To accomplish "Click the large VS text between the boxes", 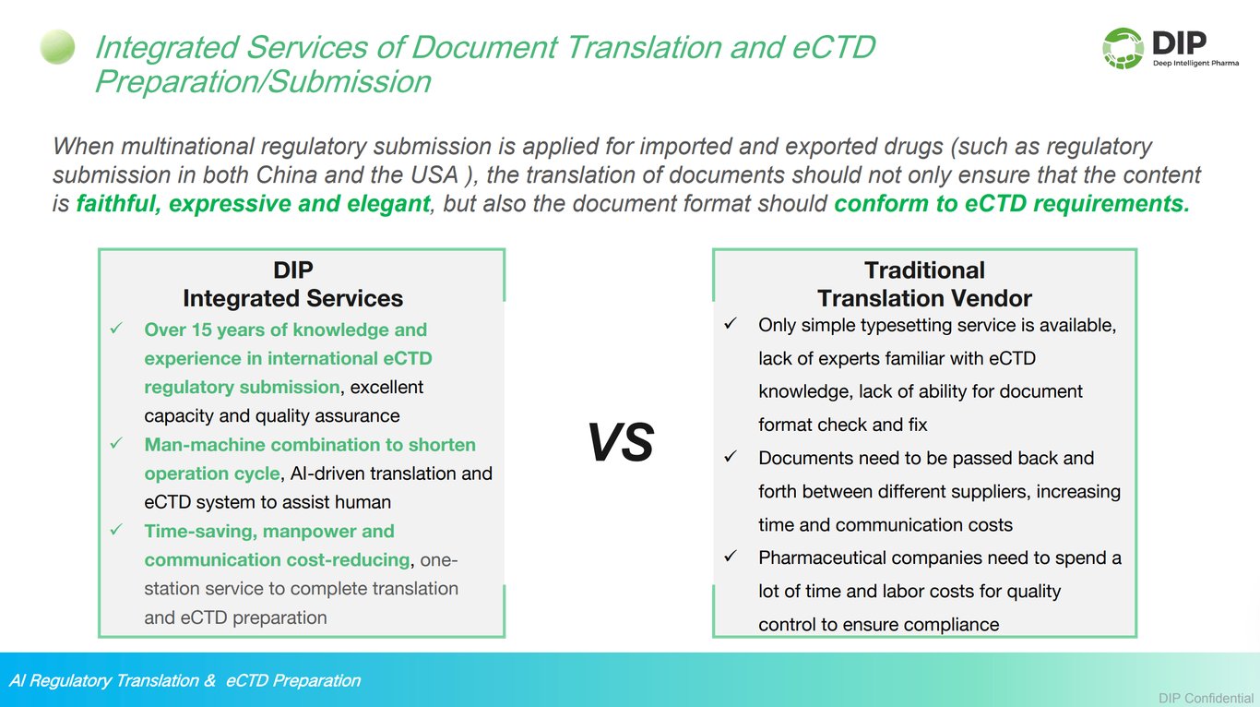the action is click(x=621, y=442).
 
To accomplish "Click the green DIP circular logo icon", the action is click(x=1123, y=48).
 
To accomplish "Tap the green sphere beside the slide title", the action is click(x=57, y=47).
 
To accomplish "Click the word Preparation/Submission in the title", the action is click(x=263, y=81).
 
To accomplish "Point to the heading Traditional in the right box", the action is click(x=924, y=270).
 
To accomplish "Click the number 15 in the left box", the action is click(x=202, y=330).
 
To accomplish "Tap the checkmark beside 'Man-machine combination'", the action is click(x=116, y=444).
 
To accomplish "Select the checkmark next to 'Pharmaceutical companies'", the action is click(x=731, y=557).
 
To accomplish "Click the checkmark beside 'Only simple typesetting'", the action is click(x=731, y=324).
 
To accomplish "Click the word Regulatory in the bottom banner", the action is click(x=68, y=681).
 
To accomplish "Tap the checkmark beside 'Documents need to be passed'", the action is click(x=731, y=457).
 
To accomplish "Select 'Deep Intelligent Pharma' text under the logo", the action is click(x=1195, y=63).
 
